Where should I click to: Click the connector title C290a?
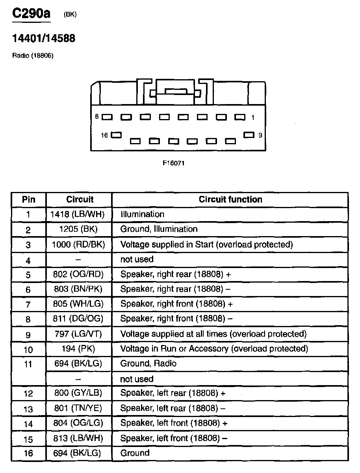(x=32, y=14)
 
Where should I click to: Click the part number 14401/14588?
(x=44, y=39)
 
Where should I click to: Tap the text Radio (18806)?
(x=33, y=56)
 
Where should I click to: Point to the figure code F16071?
(x=174, y=163)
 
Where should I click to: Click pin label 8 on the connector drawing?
(x=96, y=117)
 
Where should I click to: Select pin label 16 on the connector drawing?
(x=104, y=135)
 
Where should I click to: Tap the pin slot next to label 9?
(x=249, y=135)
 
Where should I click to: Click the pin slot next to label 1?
(x=239, y=117)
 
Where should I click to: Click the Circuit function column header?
(x=230, y=199)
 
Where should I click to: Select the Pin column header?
(x=28, y=199)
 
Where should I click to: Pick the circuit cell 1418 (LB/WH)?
(x=79, y=214)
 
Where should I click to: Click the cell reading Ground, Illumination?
(x=159, y=229)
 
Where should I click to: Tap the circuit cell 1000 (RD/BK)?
(x=79, y=244)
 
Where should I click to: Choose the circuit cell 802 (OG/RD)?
(x=79, y=274)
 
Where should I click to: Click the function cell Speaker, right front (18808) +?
(x=176, y=304)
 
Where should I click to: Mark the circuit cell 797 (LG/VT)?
(x=79, y=334)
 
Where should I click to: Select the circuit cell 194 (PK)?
(x=79, y=349)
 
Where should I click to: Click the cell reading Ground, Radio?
(x=148, y=363)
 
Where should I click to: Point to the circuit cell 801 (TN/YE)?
(x=79, y=408)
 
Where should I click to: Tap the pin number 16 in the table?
(x=28, y=453)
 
